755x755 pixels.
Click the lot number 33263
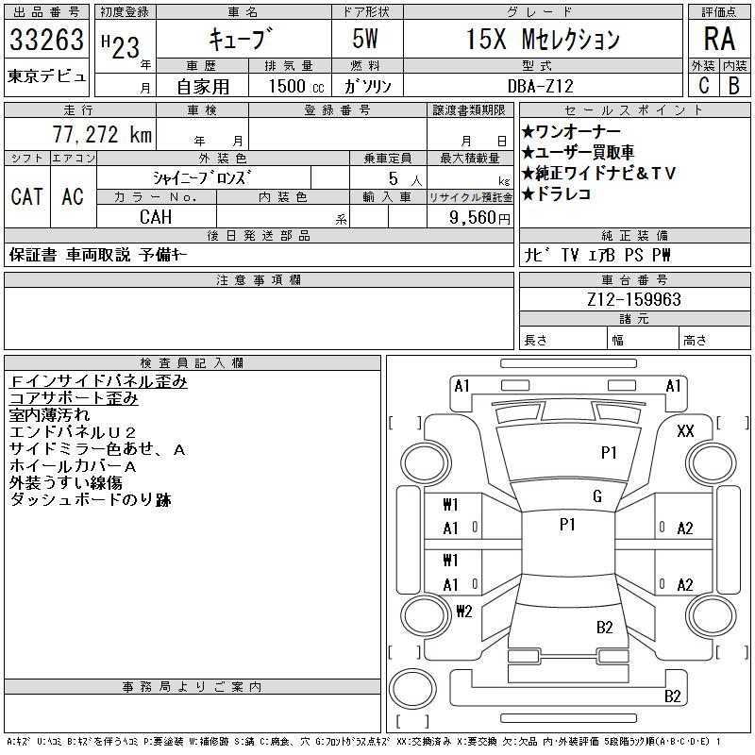(46, 40)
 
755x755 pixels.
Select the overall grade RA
(719, 39)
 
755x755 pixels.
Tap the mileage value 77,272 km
(102, 134)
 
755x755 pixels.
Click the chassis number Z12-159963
(634, 299)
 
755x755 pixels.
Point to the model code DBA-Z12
(541, 86)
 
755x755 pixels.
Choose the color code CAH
(156, 217)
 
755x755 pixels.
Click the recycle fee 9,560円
(479, 217)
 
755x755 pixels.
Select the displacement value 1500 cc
(296, 86)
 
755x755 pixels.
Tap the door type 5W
(365, 39)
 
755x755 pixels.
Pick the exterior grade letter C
(704, 85)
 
